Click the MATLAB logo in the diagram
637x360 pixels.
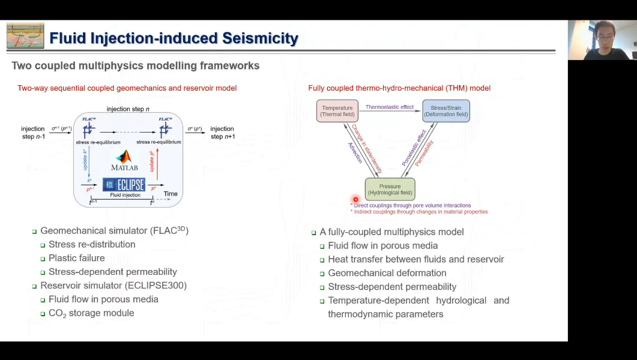pyautogui.click(x=124, y=160)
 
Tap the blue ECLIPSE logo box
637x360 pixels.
pyautogui.click(x=124, y=185)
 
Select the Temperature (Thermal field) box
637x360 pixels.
pyautogui.click(x=337, y=111)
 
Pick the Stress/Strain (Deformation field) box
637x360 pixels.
pyautogui.click(x=445, y=111)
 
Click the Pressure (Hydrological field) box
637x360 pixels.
pyautogui.click(x=390, y=190)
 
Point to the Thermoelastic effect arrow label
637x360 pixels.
pyautogui.click(x=390, y=107)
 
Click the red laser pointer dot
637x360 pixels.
pyautogui.click(x=355, y=199)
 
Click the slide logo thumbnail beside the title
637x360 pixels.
pyautogui.click(x=25, y=36)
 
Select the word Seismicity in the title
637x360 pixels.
pyautogui.click(x=260, y=38)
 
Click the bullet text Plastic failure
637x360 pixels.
pyautogui.click(x=76, y=258)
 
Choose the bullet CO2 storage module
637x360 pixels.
pyautogui.click(x=91, y=313)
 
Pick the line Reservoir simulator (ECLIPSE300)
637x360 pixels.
pyautogui.click(x=113, y=286)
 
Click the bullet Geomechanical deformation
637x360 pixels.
pyautogui.click(x=387, y=273)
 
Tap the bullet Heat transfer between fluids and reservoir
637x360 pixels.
pyautogui.click(x=415, y=259)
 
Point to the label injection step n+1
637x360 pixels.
pyautogui.click(x=222, y=133)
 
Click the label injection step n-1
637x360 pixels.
pyautogui.click(x=33, y=133)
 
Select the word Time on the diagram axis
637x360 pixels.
pyautogui.click(x=171, y=194)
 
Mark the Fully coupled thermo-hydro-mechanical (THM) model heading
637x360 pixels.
pyautogui.click(x=399, y=88)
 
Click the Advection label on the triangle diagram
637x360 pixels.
pyautogui.click(x=355, y=153)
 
